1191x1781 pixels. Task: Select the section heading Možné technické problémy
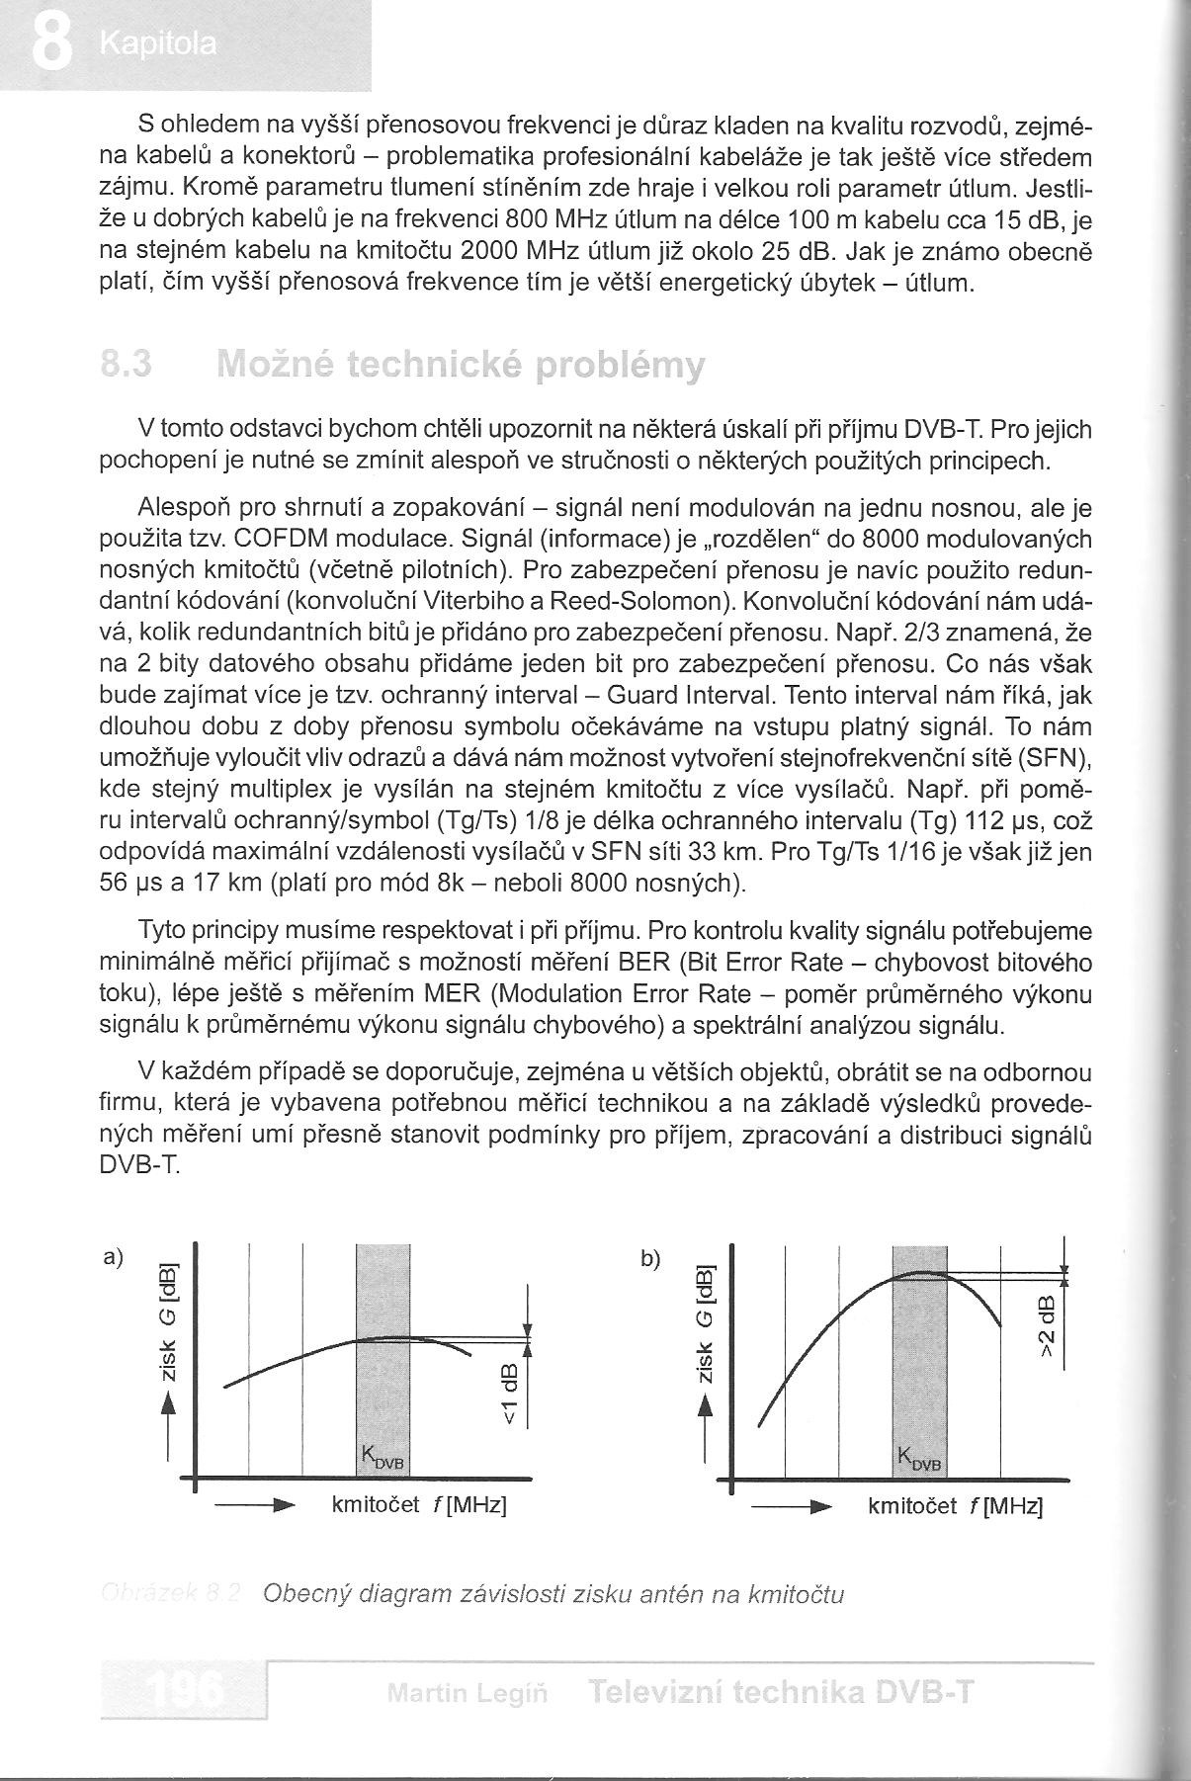pyautogui.click(x=460, y=365)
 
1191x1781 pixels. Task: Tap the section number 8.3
pyautogui.click(x=127, y=365)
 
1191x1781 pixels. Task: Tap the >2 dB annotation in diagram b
pyautogui.click(x=1046, y=1330)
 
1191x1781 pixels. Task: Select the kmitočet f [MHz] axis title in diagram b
pyautogui.click(x=955, y=1506)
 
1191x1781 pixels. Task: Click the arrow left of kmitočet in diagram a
pyautogui.click(x=255, y=1506)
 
